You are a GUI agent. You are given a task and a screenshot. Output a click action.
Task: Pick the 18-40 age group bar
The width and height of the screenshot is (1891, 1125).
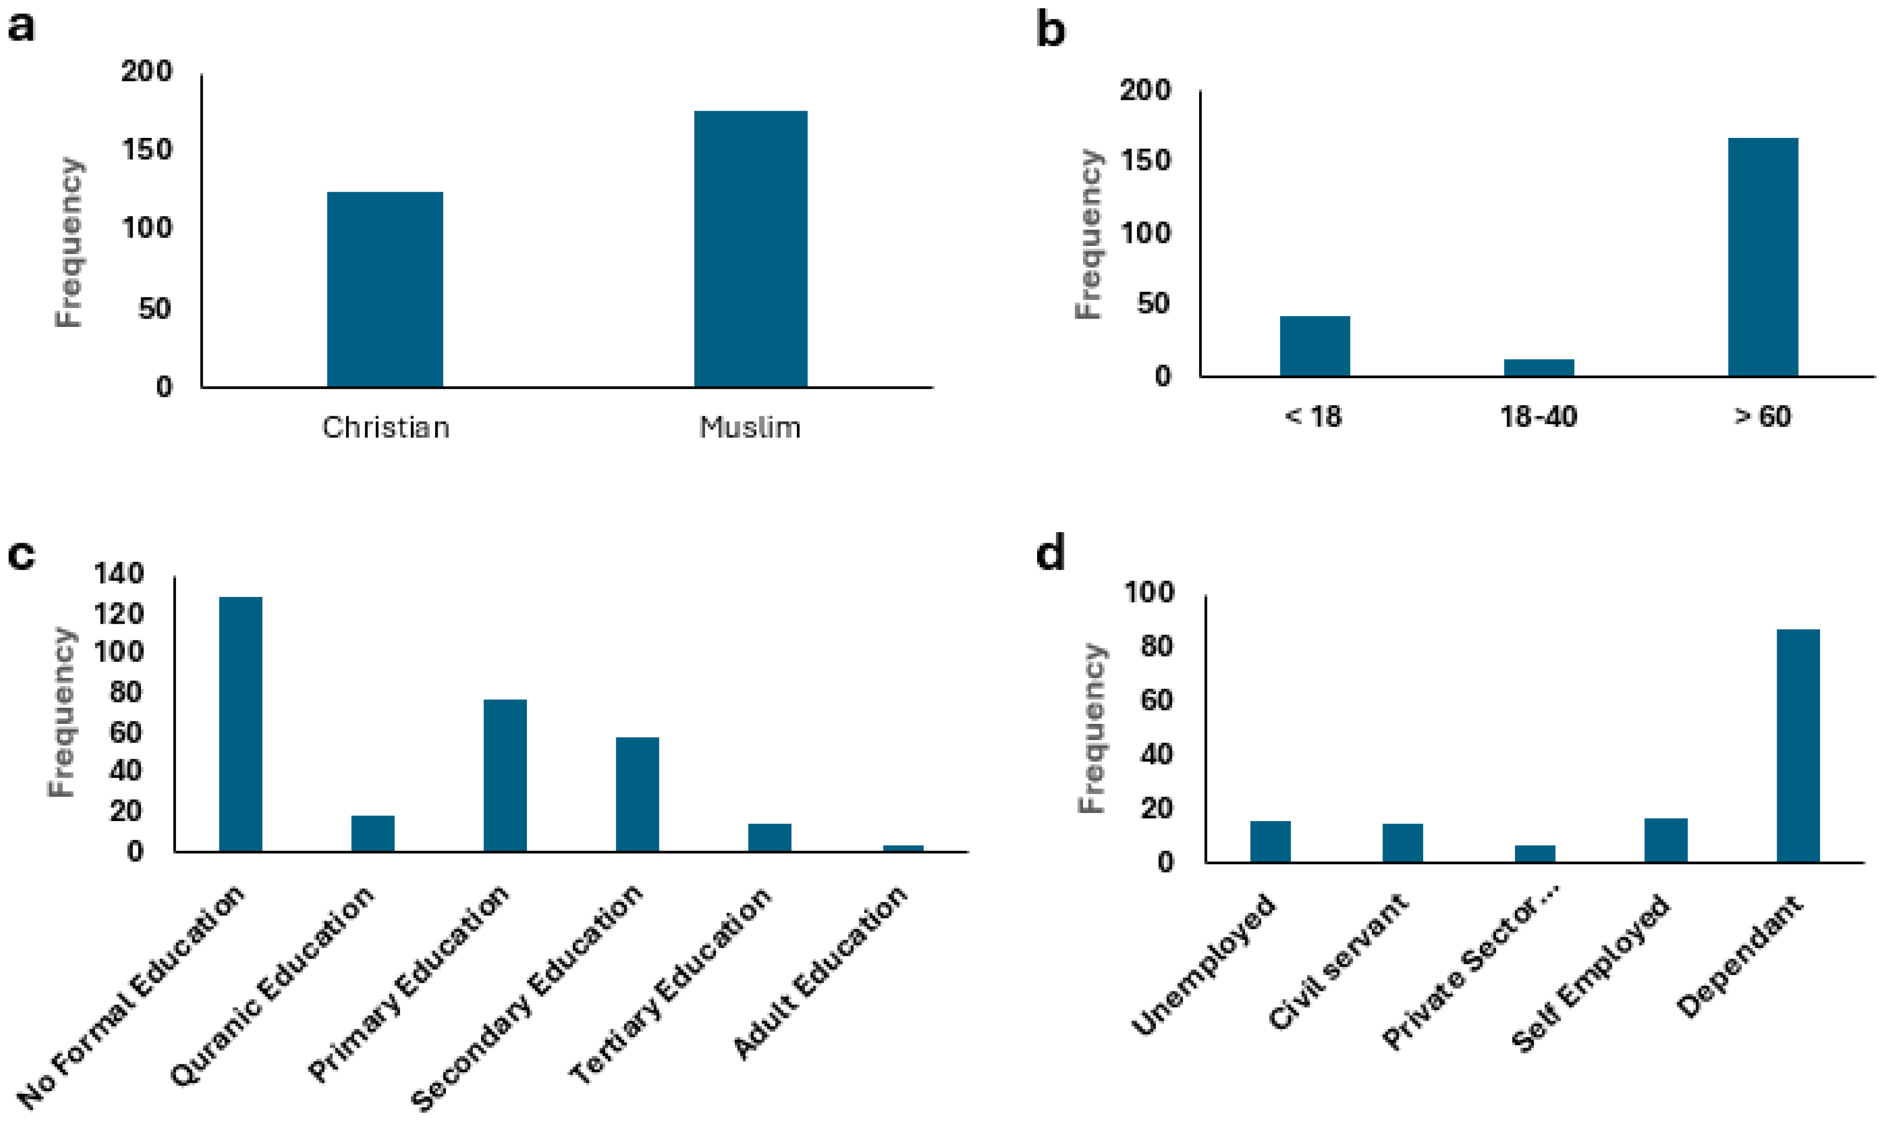1538,368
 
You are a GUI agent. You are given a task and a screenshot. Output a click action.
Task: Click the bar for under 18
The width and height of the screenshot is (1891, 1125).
1314,346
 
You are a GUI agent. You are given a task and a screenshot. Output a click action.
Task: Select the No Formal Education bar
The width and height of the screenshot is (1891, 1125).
240,724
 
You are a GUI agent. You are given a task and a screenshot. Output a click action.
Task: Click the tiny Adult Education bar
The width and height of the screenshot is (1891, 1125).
903,848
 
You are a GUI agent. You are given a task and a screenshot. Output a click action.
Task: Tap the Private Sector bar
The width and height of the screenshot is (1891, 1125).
1535,853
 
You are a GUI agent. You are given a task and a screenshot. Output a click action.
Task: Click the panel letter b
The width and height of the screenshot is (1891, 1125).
1051,30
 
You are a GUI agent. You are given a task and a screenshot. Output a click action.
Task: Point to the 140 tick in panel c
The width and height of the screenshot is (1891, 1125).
119,574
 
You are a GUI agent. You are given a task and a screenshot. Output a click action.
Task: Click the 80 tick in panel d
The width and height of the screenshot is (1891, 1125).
1154,646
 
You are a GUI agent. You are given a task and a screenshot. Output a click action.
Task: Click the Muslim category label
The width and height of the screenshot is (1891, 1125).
749,428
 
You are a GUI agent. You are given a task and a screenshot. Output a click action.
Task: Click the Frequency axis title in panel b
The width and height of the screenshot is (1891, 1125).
1089,235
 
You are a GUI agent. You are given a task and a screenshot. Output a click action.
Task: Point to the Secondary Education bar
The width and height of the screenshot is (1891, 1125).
637,794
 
